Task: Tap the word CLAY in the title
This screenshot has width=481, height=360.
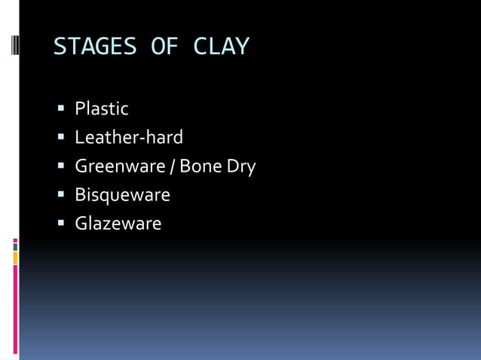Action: click(x=221, y=47)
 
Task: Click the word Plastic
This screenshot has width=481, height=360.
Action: click(x=102, y=109)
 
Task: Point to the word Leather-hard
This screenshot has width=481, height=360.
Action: click(x=129, y=138)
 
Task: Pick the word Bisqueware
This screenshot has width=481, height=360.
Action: click(x=122, y=195)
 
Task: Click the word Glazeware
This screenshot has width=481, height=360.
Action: click(x=118, y=224)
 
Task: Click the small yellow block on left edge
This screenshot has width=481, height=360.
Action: click(x=15, y=258)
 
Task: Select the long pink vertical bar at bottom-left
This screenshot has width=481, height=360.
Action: click(x=15, y=309)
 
